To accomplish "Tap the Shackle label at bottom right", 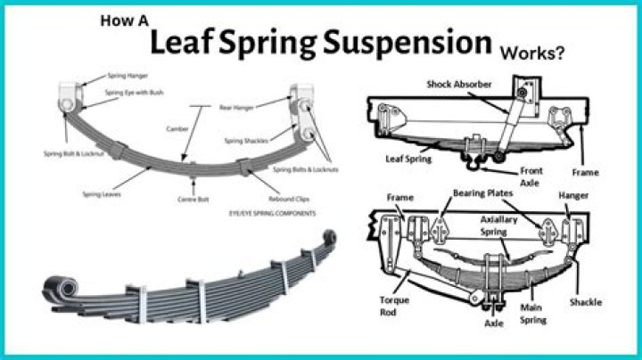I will (586, 302).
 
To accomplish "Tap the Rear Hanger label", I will (235, 107).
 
